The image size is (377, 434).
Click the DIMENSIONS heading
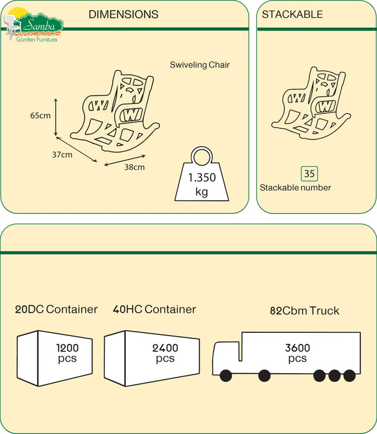coord(123,14)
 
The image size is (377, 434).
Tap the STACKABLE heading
coord(292,14)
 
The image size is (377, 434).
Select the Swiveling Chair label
coord(200,64)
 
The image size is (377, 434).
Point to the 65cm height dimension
coord(40,116)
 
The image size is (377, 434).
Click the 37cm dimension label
coord(61,154)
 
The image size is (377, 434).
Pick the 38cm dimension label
coord(135,167)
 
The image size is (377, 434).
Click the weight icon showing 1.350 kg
coord(202,175)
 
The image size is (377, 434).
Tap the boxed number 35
coord(309,174)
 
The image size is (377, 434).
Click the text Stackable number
coord(295,187)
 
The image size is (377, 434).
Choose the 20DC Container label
coord(56,309)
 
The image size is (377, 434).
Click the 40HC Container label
coord(154,309)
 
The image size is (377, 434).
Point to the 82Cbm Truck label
coord(304,311)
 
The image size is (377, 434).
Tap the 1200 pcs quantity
coord(68,353)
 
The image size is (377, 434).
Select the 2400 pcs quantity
coord(165,353)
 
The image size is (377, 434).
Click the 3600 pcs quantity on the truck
coord(297,353)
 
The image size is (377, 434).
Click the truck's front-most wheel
coord(224,375)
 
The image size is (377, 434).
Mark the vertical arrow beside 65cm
coord(56,116)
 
